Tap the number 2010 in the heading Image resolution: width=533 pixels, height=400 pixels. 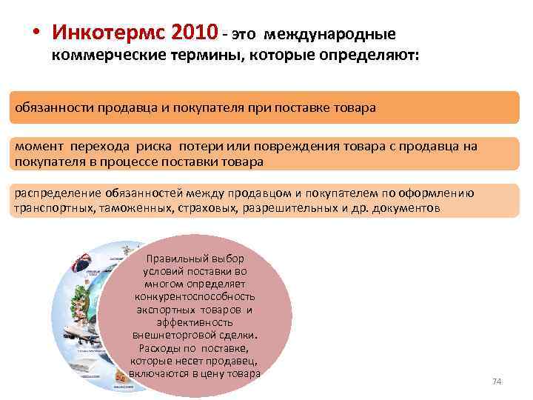point(194,33)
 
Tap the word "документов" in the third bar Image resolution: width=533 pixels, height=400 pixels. point(409,209)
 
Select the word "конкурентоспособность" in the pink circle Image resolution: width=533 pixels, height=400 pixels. point(195,297)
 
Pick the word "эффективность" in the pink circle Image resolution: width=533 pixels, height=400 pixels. point(195,322)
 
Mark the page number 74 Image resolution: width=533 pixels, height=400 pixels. point(497,381)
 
